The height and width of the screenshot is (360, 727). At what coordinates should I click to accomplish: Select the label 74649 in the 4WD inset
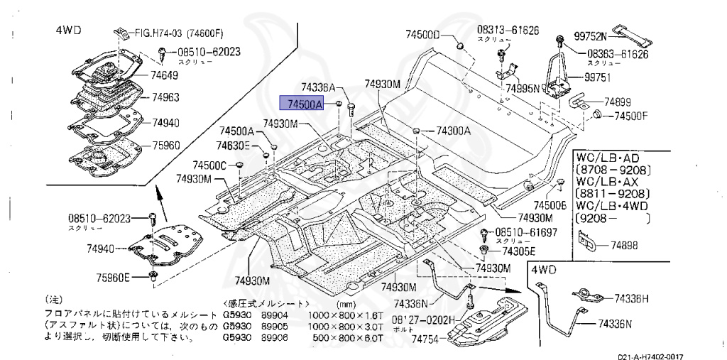point(165,73)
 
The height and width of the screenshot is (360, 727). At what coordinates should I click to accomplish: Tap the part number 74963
point(164,97)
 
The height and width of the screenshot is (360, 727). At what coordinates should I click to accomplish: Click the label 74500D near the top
point(423,35)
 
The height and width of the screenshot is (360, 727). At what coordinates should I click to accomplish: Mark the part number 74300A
point(453,131)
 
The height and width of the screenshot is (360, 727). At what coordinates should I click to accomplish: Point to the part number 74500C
point(209,165)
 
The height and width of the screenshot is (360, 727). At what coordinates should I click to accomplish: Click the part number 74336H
point(633,298)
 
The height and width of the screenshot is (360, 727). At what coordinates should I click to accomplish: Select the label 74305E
point(518,251)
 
